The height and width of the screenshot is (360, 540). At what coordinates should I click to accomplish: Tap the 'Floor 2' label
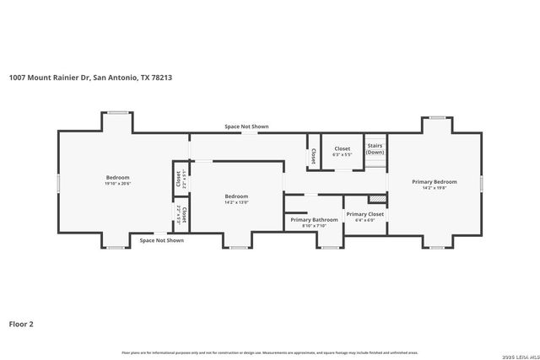(x=21, y=323)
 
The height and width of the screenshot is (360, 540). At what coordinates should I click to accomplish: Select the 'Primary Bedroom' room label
(x=434, y=182)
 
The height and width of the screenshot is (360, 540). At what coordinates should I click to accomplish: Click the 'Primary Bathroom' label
(x=314, y=220)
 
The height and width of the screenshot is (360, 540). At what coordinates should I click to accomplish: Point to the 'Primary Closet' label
(x=364, y=214)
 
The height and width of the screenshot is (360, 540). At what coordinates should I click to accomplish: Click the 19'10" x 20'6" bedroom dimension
(x=117, y=183)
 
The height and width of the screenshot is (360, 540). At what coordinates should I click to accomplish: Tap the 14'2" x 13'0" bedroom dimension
(x=235, y=201)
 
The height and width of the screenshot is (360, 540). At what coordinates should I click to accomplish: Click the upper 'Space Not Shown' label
(x=246, y=126)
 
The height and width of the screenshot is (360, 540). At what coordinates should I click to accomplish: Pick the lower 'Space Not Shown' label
(x=161, y=240)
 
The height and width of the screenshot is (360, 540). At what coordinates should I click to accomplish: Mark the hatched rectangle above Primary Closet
(x=377, y=199)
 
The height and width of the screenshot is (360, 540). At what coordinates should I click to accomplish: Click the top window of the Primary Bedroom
(x=436, y=117)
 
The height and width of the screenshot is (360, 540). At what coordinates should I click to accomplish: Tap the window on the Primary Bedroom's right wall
(x=480, y=183)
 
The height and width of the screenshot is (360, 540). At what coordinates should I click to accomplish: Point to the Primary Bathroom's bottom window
(x=329, y=248)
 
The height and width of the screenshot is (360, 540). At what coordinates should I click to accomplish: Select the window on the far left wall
(x=57, y=183)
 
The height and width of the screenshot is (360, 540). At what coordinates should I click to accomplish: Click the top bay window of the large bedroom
(x=117, y=111)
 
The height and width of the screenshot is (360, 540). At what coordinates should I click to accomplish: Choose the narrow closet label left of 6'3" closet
(x=313, y=155)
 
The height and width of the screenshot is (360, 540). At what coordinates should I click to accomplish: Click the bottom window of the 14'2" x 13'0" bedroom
(x=239, y=248)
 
